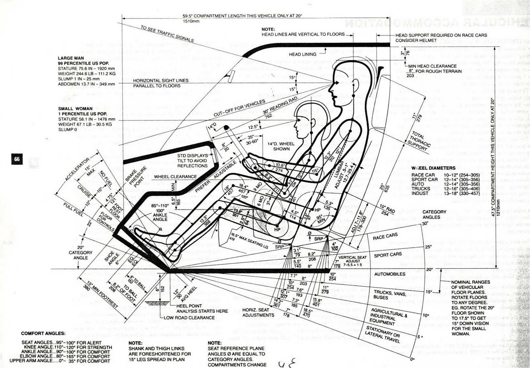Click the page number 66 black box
click(x=17, y=159)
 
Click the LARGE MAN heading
click(x=71, y=58)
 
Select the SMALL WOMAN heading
click(x=75, y=109)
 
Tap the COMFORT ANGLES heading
click(x=43, y=333)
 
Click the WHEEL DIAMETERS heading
click(x=433, y=168)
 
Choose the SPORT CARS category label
click(x=388, y=255)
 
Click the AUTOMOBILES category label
click(x=390, y=274)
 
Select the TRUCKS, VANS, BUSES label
click(x=385, y=295)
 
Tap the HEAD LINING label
click(x=302, y=54)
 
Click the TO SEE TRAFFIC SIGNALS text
click(x=167, y=34)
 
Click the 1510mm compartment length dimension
click(x=191, y=21)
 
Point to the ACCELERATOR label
click(x=77, y=169)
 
